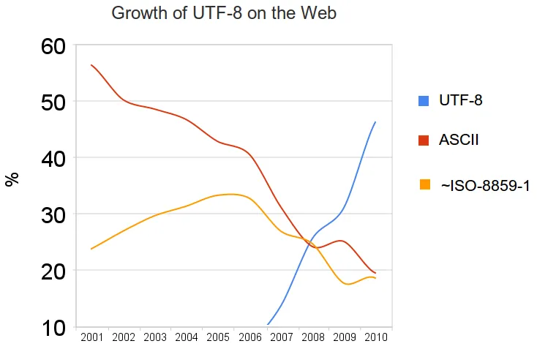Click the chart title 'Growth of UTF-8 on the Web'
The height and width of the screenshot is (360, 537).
click(224, 13)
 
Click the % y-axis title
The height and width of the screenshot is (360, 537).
click(12, 180)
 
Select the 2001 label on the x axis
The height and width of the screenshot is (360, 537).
click(91, 337)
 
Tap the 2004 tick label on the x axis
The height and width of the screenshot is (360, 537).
click(187, 337)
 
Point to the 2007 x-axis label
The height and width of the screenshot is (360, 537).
click(281, 337)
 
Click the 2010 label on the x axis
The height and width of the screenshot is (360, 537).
click(375, 337)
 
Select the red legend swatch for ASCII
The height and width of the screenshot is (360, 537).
click(424, 140)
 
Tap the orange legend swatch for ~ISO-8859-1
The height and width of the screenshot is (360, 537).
click(424, 184)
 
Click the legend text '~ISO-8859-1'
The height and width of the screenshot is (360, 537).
click(485, 187)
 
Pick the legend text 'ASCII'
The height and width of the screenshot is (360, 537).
click(459, 140)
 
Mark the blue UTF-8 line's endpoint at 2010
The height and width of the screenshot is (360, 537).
click(375, 122)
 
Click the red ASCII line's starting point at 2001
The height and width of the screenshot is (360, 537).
click(91, 65)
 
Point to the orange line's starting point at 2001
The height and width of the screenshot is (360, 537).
click(91, 249)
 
